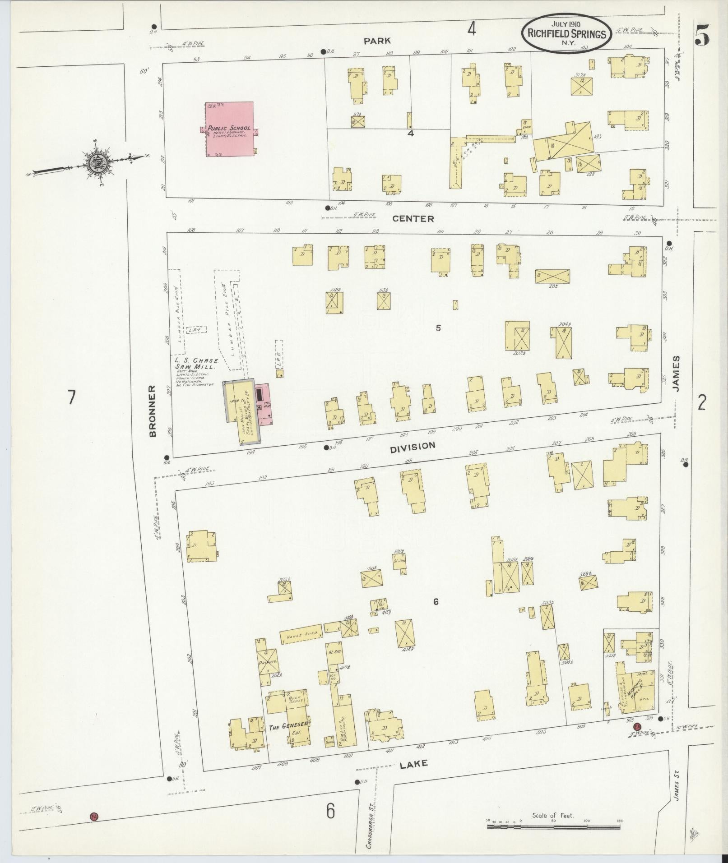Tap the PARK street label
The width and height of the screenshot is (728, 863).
point(377,41)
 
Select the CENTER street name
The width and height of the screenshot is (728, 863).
point(413,219)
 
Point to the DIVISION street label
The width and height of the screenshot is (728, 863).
point(413,446)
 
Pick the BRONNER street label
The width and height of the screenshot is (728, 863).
point(153,411)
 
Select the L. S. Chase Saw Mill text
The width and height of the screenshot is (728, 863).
point(197,364)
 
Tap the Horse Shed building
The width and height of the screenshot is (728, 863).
point(301,634)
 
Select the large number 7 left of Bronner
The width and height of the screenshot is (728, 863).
point(70,397)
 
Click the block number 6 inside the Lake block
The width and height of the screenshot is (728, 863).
point(436,601)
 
